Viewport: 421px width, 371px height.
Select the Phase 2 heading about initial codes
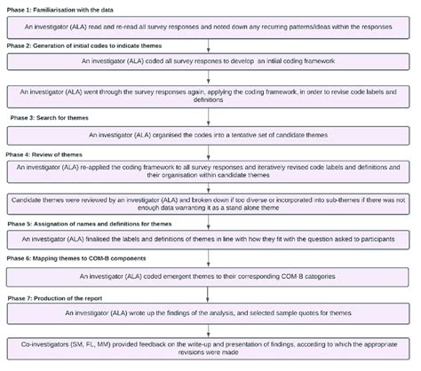80,43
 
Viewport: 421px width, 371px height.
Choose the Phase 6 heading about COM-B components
75,258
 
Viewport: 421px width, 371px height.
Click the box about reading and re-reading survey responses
210,28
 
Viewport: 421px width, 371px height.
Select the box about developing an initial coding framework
210,61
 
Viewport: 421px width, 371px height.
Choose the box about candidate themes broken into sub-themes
210,205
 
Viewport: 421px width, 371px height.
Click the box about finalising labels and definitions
210,240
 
